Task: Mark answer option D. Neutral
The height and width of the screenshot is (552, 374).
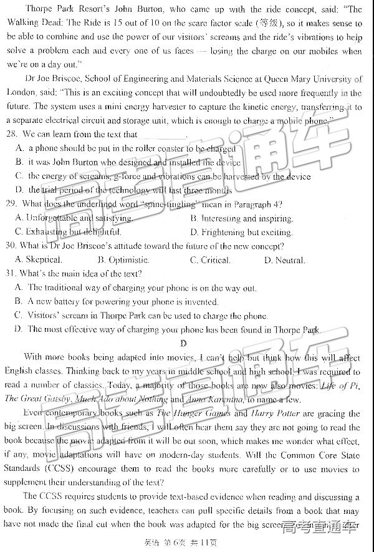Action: pyautogui.click(x=284, y=260)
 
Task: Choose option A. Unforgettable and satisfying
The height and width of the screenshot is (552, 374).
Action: pyautogui.click(x=74, y=218)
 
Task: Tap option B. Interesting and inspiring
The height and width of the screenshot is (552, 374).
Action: pyautogui.click(x=241, y=218)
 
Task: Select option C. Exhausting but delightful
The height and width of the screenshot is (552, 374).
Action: pyautogui.click(x=69, y=232)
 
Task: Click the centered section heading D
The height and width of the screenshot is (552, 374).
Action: pyautogui.click(x=184, y=343)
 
